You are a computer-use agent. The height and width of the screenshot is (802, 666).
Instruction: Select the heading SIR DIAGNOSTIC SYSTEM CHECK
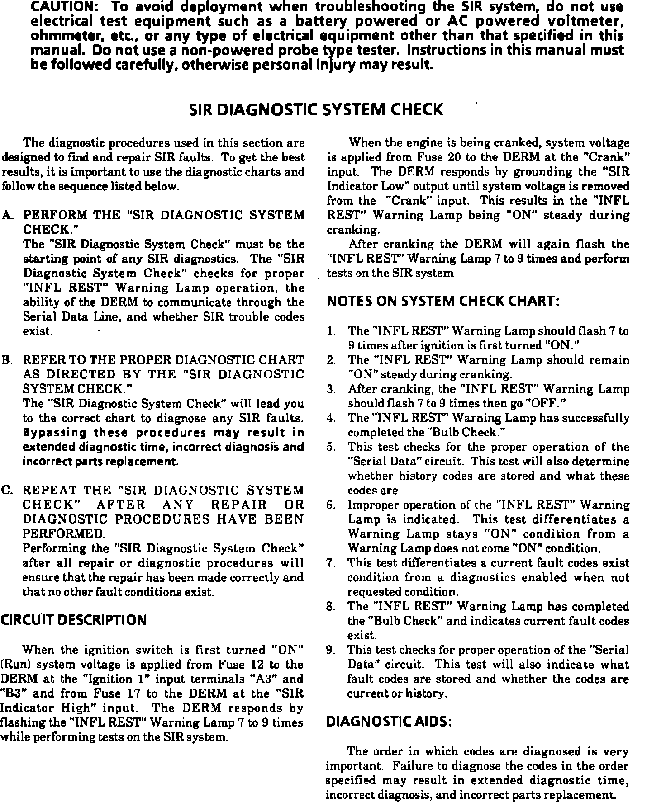pos(316,110)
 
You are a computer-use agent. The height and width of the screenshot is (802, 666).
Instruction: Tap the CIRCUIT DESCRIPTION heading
pos(74,619)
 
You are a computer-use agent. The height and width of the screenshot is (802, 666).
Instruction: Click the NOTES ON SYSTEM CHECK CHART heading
pos(443,301)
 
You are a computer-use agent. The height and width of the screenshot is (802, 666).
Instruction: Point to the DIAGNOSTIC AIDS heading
pos(389,722)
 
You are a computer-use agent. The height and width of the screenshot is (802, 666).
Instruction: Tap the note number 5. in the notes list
pos(331,448)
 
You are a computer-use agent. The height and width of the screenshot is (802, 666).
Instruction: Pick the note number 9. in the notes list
pos(331,650)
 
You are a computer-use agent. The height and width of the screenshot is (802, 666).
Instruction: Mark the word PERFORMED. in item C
pos(64,534)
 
